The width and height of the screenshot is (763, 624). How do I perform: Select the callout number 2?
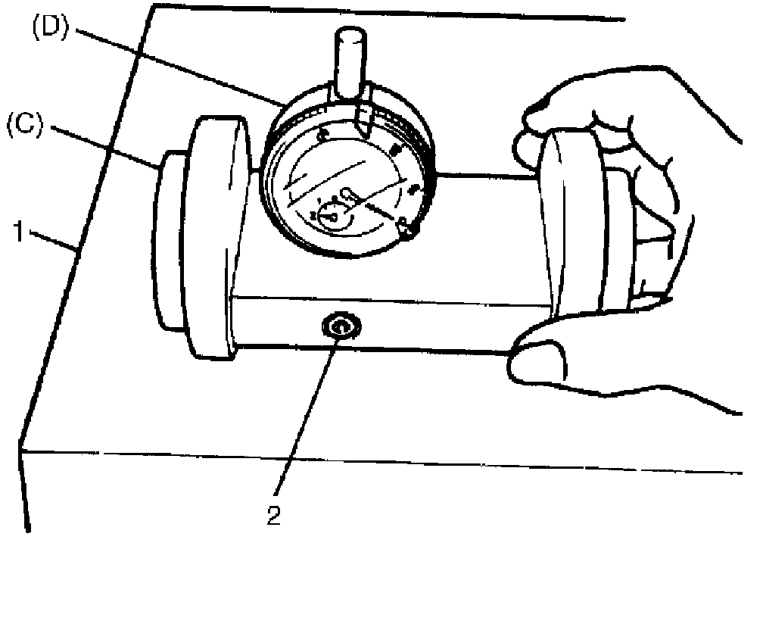(274, 515)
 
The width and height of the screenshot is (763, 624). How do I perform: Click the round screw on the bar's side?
(340, 327)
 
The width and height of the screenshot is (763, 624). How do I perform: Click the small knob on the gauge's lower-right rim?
(407, 226)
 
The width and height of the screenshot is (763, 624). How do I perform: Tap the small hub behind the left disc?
(168, 242)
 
